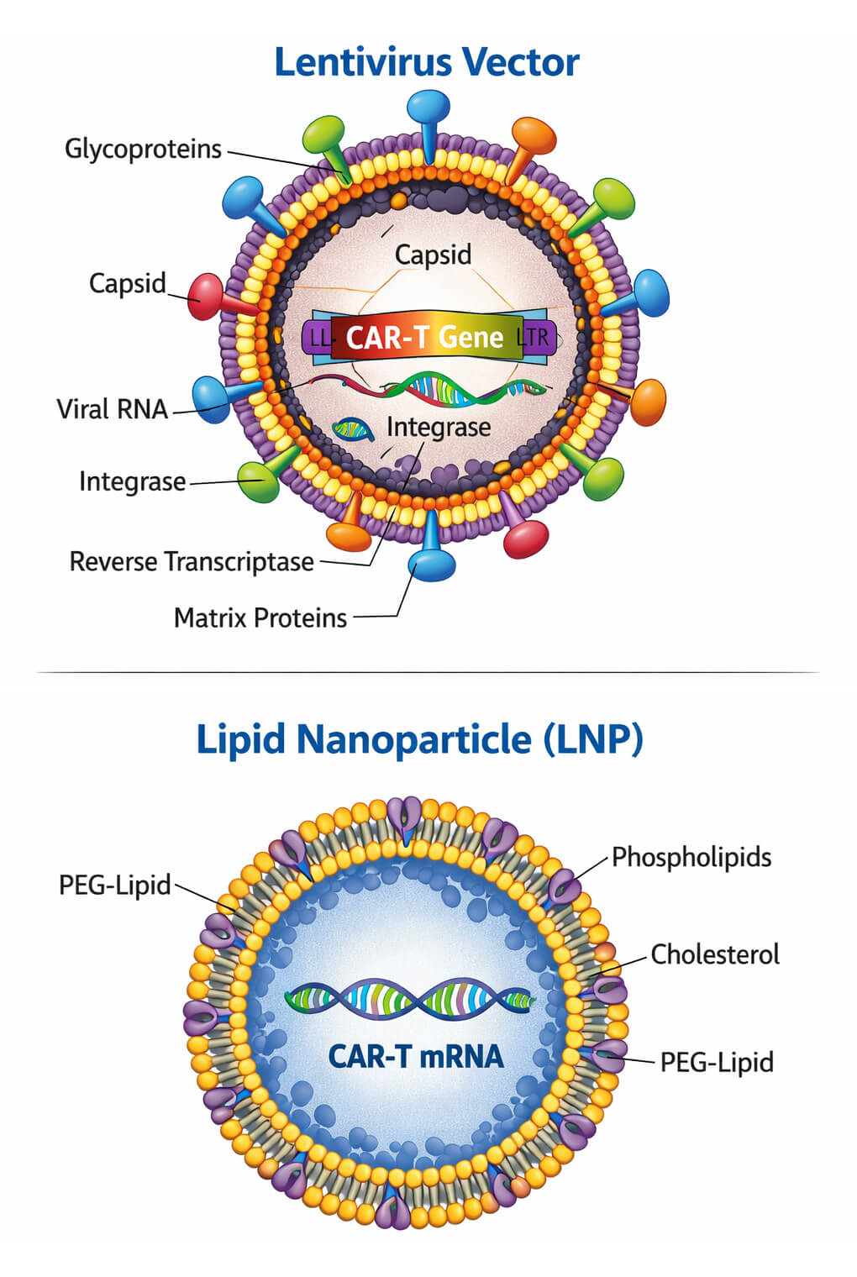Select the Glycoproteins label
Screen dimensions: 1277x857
pos(143,150)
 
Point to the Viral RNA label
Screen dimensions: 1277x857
pos(112,409)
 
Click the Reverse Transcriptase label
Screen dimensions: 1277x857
pos(192,561)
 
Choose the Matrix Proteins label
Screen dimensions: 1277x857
pos(260,618)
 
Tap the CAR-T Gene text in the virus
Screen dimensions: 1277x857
pos(425,338)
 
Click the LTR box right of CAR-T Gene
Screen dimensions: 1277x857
pos(535,338)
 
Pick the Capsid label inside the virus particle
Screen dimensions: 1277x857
pos(433,255)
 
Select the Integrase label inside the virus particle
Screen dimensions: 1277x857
pos(439,428)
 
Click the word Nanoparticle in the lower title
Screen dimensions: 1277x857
pos(414,740)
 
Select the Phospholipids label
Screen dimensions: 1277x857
pos(691,857)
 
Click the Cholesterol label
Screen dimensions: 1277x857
pos(714,954)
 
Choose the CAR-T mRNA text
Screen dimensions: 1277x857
pos(416,1056)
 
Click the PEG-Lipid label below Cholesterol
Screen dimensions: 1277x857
pos(716,1062)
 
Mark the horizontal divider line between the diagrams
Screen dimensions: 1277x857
pos(428,672)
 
